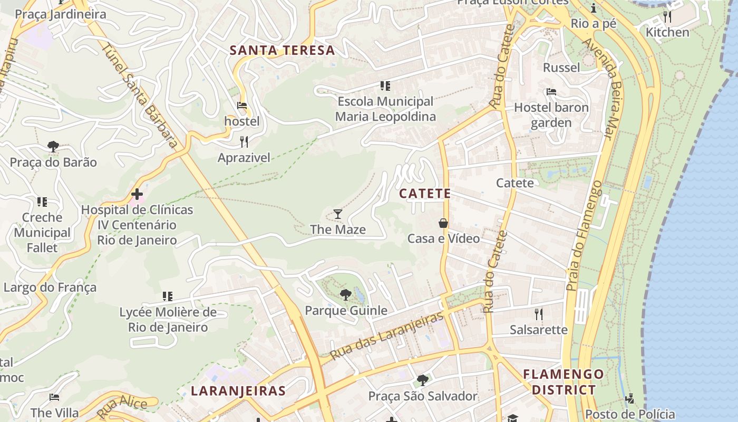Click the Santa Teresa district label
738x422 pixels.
click(283, 51)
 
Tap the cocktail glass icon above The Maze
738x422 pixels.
click(338, 214)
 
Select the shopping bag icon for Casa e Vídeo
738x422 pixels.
click(443, 223)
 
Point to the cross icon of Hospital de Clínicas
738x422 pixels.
click(137, 194)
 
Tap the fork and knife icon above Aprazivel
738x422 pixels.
click(244, 142)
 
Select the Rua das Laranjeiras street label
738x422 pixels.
click(387, 336)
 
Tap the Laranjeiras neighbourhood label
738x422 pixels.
click(238, 391)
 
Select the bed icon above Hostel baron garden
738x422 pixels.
click(551, 92)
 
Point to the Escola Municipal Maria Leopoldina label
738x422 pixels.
click(385, 109)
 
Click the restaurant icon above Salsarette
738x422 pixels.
click(538, 314)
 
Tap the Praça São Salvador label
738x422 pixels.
click(423, 396)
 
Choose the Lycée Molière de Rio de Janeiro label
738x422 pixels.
click(168, 320)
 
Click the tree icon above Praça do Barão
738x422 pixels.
click(53, 146)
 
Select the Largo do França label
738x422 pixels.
click(50, 287)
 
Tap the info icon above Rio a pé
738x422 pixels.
click(594, 8)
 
